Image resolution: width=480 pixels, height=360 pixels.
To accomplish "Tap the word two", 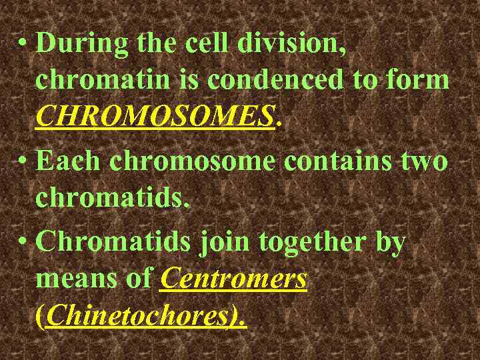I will (423, 161).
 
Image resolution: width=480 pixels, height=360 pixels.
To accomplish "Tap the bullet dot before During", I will (23, 44).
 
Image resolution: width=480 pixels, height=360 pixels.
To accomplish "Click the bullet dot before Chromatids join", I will (23, 242).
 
